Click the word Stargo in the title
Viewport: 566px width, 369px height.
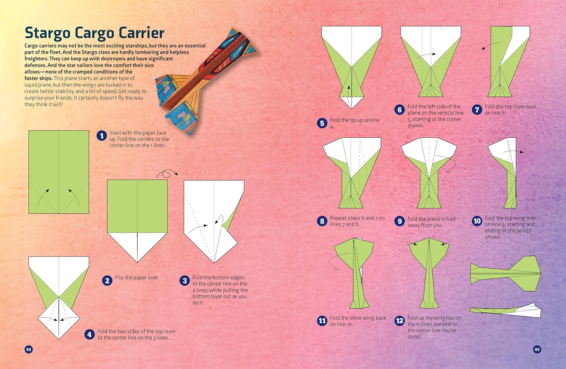[x=48, y=33]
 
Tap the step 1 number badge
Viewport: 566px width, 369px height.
[x=102, y=136]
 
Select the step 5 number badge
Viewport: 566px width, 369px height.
[x=322, y=123]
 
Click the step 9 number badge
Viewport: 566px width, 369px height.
[x=400, y=221]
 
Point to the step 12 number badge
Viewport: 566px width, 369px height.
[x=400, y=321]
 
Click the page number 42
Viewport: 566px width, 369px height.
[x=29, y=349]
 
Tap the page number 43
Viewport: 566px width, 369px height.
[x=537, y=349]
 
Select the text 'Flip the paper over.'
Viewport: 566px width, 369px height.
[x=137, y=278]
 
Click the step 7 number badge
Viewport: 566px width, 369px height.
[x=477, y=110]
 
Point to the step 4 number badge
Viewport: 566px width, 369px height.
[x=89, y=335]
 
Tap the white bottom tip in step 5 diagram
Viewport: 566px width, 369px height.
[x=351, y=102]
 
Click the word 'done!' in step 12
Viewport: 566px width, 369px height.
[x=414, y=337]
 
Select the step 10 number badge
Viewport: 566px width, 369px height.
[x=477, y=221]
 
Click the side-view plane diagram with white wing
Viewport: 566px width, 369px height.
[x=505, y=311]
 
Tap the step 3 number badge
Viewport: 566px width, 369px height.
[x=185, y=281]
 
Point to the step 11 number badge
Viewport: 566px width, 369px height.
[x=322, y=321]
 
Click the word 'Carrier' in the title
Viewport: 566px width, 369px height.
[x=141, y=33]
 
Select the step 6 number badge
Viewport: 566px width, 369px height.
[x=400, y=110]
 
